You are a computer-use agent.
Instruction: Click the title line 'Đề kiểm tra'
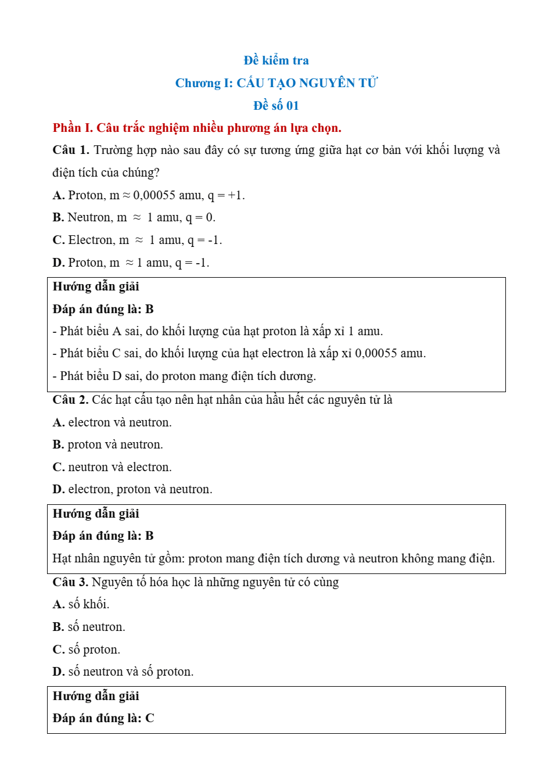[x=276, y=60]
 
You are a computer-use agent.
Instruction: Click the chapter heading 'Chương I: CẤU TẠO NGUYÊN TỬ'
[x=276, y=83]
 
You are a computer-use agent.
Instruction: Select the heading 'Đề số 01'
[x=276, y=106]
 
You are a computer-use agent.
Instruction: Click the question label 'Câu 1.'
[x=70, y=150]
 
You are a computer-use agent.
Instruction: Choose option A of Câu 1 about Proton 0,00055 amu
[x=149, y=195]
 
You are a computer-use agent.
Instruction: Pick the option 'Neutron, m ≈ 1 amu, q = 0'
[x=134, y=218]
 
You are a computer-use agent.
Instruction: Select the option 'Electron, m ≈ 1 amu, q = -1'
[x=137, y=241]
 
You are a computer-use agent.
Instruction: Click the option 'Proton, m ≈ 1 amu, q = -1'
[x=131, y=263]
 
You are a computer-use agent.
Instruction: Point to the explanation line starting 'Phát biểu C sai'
[x=239, y=353]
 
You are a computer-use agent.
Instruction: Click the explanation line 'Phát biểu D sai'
[x=184, y=376]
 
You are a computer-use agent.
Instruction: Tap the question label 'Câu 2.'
[x=70, y=400]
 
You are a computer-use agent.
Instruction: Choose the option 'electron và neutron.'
[x=113, y=422]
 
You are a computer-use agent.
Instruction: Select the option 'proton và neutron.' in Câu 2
[x=108, y=445]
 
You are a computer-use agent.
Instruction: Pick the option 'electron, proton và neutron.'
[x=133, y=490]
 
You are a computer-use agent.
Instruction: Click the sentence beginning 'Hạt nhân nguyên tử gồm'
[x=273, y=558]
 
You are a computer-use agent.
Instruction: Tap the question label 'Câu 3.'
[x=70, y=582]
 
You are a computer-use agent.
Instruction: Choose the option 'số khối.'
[x=81, y=605]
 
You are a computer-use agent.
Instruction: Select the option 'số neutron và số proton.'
[x=123, y=672]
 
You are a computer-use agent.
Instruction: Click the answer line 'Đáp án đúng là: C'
[x=103, y=719]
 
